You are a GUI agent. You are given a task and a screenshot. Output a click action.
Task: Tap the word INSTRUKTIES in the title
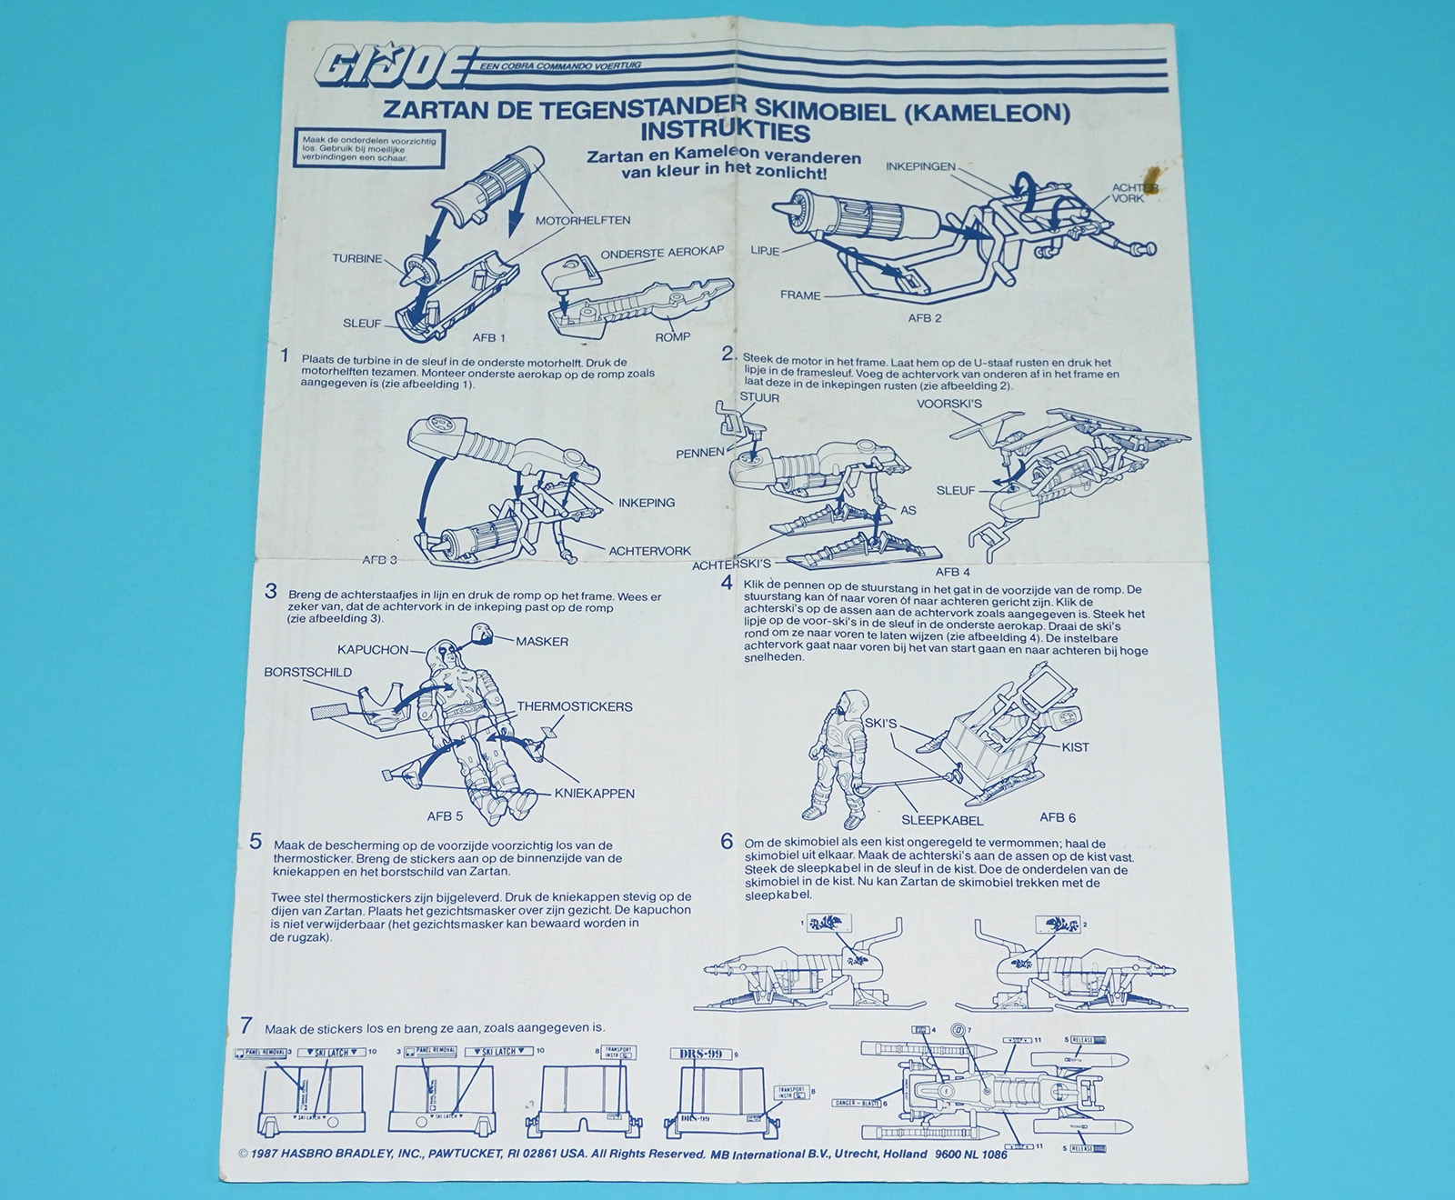(x=725, y=131)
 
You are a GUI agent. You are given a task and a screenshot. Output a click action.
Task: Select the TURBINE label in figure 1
(x=357, y=259)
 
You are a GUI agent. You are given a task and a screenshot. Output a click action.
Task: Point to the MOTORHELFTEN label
(x=583, y=221)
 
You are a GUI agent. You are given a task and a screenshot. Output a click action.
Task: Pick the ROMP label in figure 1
(x=673, y=336)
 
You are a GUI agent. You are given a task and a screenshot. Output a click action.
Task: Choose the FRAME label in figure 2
(x=800, y=295)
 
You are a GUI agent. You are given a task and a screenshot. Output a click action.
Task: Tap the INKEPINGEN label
(x=920, y=167)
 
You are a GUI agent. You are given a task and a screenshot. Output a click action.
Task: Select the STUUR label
(x=759, y=397)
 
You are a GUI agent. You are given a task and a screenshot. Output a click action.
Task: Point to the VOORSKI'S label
(x=949, y=404)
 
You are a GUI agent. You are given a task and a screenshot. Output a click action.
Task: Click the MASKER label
(x=542, y=642)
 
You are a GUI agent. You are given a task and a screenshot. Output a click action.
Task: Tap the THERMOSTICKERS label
(x=576, y=706)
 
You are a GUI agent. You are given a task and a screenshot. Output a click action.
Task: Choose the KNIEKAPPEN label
(x=595, y=794)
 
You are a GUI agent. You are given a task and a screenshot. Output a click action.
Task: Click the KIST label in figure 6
(x=1075, y=747)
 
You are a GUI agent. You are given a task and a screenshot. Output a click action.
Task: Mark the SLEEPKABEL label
(x=942, y=820)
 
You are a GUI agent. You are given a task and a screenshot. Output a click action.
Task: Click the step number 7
(x=246, y=1026)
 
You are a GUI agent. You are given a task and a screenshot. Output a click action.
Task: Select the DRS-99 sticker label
(x=700, y=1054)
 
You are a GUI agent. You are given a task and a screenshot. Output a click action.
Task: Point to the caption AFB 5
(x=446, y=816)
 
